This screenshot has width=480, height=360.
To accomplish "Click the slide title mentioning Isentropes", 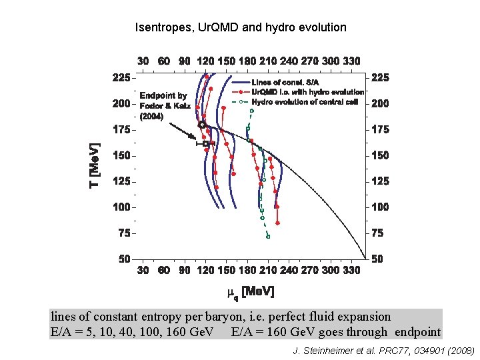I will point(241,27).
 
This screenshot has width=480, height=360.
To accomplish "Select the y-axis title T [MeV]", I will point(95,165).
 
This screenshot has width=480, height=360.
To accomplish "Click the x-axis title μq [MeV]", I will point(250,292).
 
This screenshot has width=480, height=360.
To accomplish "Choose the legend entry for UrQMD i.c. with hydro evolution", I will point(307,91).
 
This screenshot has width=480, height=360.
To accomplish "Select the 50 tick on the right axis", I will point(377,259).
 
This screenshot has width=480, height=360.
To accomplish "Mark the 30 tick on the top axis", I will point(143,61).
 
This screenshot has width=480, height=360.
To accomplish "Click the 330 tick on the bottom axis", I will point(351,270).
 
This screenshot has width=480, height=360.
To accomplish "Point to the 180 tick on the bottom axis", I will point(247,270).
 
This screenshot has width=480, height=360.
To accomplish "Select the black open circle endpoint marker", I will point(202,125).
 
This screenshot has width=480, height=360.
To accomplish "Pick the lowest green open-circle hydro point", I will point(268,236).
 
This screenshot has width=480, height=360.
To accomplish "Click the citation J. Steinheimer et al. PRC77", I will point(383,349).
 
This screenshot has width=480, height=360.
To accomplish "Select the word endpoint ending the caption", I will point(417,331).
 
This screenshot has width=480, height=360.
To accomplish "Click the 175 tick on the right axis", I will point(380,129).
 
